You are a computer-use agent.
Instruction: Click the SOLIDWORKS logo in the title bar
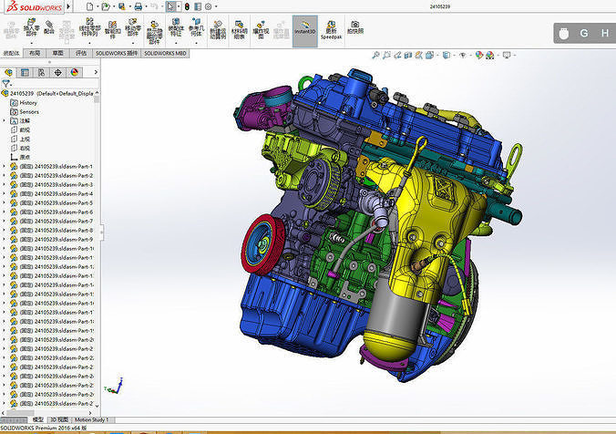[x=34, y=6]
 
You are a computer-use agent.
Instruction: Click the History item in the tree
[x=28, y=102]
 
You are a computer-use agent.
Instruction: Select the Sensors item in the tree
[x=30, y=111]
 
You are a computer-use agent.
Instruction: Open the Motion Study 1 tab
[x=91, y=420]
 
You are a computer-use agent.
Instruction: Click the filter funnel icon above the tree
[x=6, y=83]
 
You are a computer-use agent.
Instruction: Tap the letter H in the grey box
[x=605, y=34]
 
